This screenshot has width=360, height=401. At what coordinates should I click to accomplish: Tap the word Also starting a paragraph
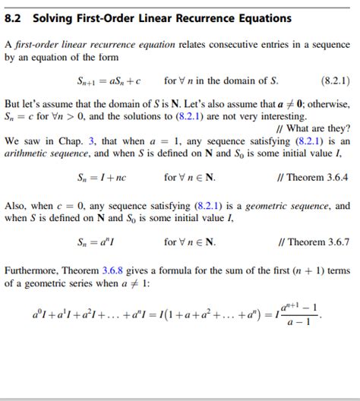(x=16, y=205)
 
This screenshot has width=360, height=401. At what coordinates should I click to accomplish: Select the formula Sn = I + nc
(x=101, y=178)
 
